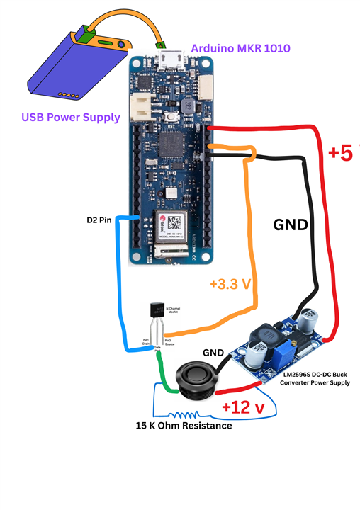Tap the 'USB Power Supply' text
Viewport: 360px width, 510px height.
(x=70, y=117)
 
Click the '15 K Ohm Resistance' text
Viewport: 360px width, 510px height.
(x=184, y=426)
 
